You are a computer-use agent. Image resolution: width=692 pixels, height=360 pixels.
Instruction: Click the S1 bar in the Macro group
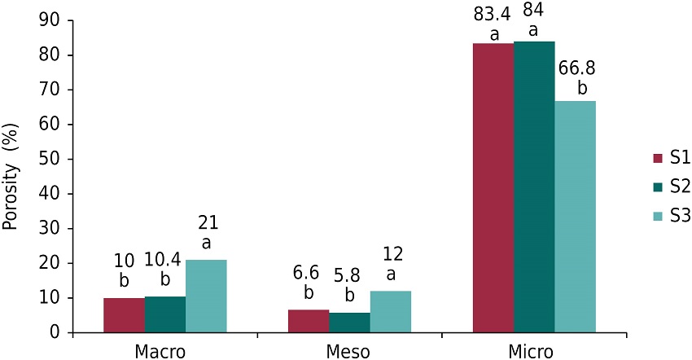[x=124, y=315]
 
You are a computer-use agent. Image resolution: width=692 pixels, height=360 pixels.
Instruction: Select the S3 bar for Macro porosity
[x=206, y=296]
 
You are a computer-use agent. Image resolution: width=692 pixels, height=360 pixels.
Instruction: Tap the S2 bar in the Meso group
[x=349, y=323]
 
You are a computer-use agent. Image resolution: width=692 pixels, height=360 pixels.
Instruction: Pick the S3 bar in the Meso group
[x=390, y=312]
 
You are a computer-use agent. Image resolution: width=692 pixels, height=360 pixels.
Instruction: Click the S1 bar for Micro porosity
[x=493, y=188]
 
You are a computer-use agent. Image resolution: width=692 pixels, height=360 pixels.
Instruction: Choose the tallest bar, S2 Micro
[x=533, y=187]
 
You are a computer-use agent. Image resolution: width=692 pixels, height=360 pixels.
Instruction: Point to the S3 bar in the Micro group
[x=575, y=217]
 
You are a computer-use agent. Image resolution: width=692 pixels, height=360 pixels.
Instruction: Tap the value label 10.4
[x=164, y=261]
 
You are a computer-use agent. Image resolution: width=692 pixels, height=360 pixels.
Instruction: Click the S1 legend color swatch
[x=659, y=157]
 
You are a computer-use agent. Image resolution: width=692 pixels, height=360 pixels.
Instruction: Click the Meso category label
[x=350, y=352]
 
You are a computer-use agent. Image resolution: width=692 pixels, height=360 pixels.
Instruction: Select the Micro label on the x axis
[x=534, y=352]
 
